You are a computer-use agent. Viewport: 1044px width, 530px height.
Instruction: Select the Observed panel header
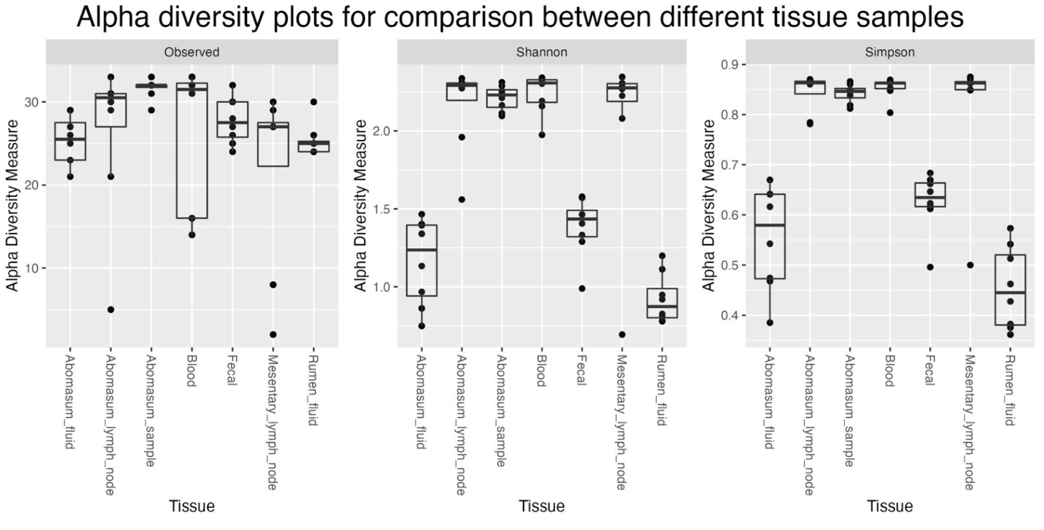pos(192,52)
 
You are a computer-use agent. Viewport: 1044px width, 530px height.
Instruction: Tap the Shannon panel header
pos(542,52)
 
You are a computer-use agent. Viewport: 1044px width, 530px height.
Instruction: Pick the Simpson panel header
pos(890,52)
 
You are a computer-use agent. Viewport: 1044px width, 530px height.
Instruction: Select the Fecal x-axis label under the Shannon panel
pos(582,370)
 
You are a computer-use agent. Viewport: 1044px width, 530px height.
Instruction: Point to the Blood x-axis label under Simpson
pos(890,371)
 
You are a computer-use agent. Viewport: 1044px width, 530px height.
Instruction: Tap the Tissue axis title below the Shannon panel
pos(542,506)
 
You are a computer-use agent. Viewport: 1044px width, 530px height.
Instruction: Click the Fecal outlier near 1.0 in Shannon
pos(582,288)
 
